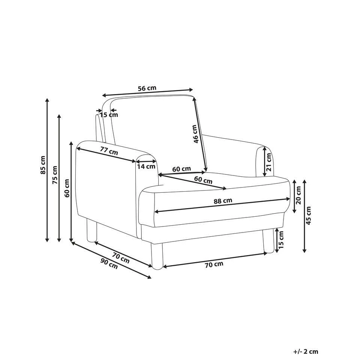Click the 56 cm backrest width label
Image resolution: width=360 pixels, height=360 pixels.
coord(147,88)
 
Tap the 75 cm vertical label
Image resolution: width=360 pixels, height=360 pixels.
coord(55,175)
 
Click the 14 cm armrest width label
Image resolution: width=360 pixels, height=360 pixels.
coord(146,166)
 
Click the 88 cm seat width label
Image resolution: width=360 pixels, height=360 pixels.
coord(223,201)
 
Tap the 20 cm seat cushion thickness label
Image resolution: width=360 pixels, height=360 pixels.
coord(298,195)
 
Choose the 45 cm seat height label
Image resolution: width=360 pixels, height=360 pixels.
coord(309,216)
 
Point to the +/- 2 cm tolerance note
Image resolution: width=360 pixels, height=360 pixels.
coord(306,351)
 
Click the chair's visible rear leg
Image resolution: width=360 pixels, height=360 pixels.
coord(91,231)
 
